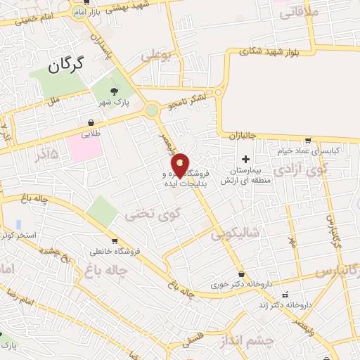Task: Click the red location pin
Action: pos(180,165)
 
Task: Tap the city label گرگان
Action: pos(66,65)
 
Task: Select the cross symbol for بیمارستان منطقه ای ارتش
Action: pos(245,159)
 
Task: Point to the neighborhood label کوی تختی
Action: pos(152,213)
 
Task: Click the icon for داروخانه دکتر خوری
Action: pos(242,274)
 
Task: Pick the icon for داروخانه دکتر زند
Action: pos(284,295)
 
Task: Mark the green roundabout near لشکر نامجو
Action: pos(152,110)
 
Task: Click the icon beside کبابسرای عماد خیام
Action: pos(308,140)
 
